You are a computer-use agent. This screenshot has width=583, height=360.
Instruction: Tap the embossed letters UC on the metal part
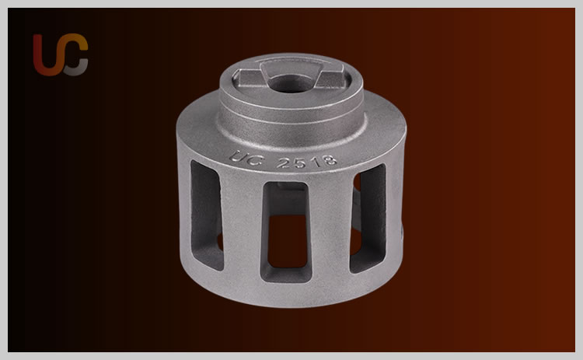coord(246,158)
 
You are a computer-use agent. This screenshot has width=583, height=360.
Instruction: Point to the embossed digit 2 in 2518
coord(283,163)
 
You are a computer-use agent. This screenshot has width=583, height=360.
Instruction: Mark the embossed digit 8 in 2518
coord(330,160)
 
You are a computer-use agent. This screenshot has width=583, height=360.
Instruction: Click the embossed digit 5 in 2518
coord(300,163)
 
